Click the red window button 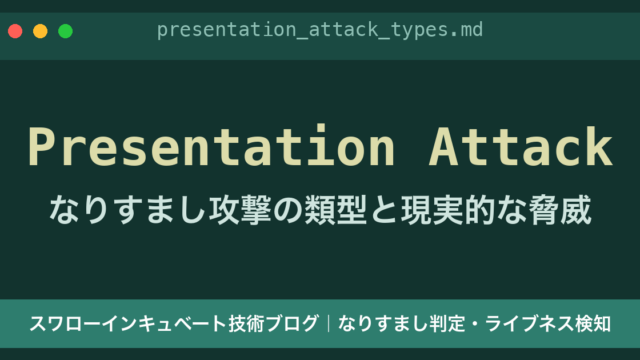click(x=15, y=31)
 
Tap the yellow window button click(x=40, y=31)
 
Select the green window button click(x=65, y=31)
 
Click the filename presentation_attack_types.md click(x=320, y=30)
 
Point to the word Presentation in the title click(x=211, y=147)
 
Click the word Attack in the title click(x=521, y=147)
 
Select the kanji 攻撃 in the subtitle click(x=240, y=210)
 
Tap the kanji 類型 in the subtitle click(x=336, y=210)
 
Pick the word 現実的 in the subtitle click(x=448, y=210)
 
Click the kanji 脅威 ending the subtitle click(x=560, y=210)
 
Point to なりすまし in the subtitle click(x=127, y=210)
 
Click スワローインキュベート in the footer click(x=128, y=324)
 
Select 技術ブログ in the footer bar click(x=273, y=324)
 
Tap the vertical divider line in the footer click(x=329, y=324)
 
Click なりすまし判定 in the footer click(x=402, y=324)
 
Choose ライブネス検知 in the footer click(x=548, y=324)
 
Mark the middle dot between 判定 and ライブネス click(x=475, y=324)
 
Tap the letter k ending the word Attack click(x=600, y=146)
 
